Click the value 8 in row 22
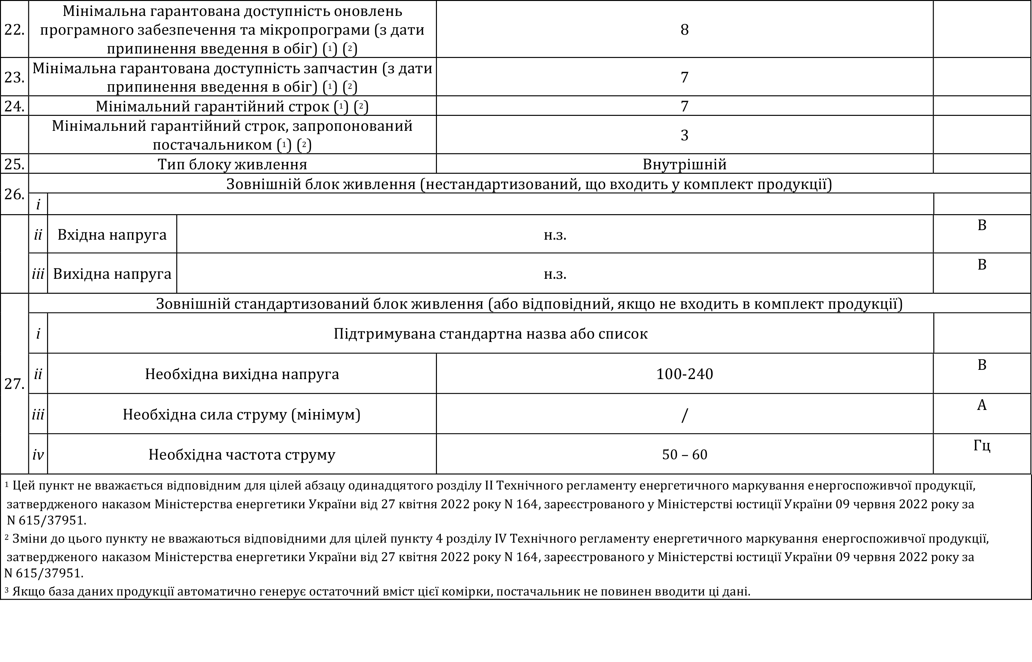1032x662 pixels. coord(684,30)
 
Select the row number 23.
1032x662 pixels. coord(14,77)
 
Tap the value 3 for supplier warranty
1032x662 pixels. coord(684,135)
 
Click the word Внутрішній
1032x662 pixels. coord(684,165)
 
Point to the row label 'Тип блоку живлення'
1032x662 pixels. coord(232,165)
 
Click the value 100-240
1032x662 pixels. coord(684,374)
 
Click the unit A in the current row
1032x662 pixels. coord(982,405)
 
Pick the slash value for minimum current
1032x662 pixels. coord(684,415)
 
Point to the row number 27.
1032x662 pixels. coord(14,384)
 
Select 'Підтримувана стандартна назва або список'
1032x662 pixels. coord(490,334)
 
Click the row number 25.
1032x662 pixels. coord(14,165)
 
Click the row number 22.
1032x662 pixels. coord(14,30)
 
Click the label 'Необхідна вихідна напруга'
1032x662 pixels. coord(242,374)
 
